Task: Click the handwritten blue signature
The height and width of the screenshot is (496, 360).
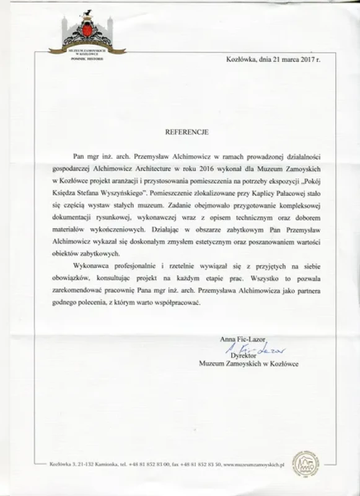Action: point(250,350)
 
